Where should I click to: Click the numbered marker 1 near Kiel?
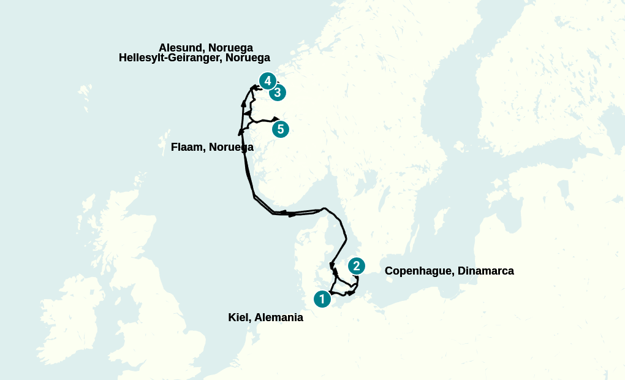tap(322, 299)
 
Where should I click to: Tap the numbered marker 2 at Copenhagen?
tap(356, 266)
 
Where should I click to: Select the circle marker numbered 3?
tap(278, 93)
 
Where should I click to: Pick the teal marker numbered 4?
tap(267, 81)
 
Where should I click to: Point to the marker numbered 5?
tap(280, 129)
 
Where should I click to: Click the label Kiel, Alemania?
tap(265, 317)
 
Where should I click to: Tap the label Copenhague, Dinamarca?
tap(449, 271)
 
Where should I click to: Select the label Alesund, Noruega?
tap(205, 48)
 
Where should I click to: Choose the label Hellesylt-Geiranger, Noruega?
tap(194, 58)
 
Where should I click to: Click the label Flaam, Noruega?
tap(212, 147)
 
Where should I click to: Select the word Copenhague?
tap(419, 271)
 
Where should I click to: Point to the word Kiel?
tap(238, 317)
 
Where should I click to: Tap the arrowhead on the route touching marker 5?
tap(276, 118)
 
